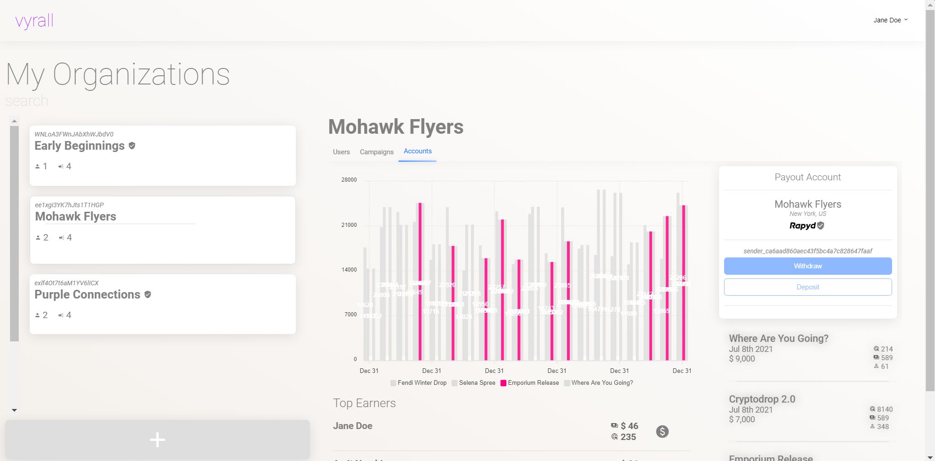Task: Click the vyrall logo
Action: click(x=34, y=21)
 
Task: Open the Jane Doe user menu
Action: click(x=890, y=20)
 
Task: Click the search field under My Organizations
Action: click(x=27, y=101)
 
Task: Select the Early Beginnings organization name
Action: click(x=79, y=146)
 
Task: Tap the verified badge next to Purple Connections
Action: click(x=147, y=294)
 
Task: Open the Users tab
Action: click(x=341, y=152)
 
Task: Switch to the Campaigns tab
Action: click(x=376, y=152)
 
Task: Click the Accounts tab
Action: click(x=417, y=151)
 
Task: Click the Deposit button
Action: click(x=808, y=287)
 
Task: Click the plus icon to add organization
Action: click(x=158, y=440)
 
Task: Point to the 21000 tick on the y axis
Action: click(x=349, y=225)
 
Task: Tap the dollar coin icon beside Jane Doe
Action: click(x=662, y=431)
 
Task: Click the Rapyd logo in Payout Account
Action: click(x=803, y=225)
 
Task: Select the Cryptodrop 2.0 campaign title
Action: click(x=762, y=399)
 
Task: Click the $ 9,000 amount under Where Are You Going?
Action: click(x=742, y=359)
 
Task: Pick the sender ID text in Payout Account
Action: click(x=808, y=251)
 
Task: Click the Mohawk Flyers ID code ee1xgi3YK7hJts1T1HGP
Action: click(x=69, y=205)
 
